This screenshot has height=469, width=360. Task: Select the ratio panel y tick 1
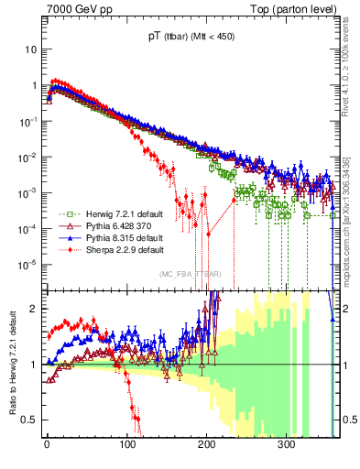coord(34,365)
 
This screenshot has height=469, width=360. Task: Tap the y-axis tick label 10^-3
coord(27,192)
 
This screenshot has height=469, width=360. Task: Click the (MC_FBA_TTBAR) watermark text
coord(189,274)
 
